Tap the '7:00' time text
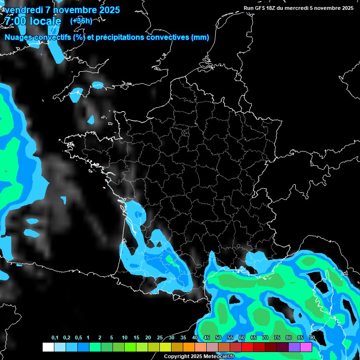(16, 21)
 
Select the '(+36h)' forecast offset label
(81, 21)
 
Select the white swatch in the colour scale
(48, 347)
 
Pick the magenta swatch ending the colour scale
(306, 347)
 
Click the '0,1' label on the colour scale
(55, 338)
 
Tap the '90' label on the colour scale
(312, 338)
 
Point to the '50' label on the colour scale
(218, 338)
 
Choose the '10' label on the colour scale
(125, 338)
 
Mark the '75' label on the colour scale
(277, 338)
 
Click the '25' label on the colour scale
(160, 338)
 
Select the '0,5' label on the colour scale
(78, 338)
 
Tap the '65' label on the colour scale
(254, 338)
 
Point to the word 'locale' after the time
(45, 21)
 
